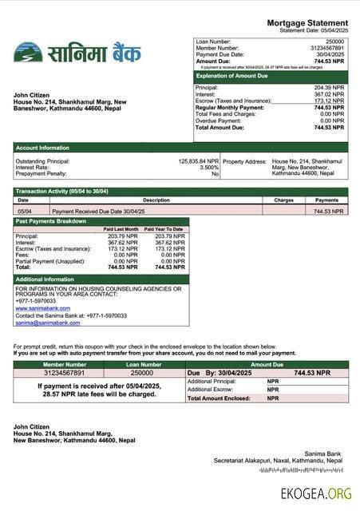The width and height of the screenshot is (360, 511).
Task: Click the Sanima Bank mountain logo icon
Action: click(x=28, y=53)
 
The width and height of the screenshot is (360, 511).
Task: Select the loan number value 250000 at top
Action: click(x=334, y=40)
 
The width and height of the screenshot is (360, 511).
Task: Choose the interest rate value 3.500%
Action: click(x=209, y=168)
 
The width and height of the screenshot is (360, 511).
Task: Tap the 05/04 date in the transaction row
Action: click(x=23, y=212)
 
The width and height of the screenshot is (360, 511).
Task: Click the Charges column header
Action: click(x=283, y=200)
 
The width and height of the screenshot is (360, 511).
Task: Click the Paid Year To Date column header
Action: click(x=168, y=230)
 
